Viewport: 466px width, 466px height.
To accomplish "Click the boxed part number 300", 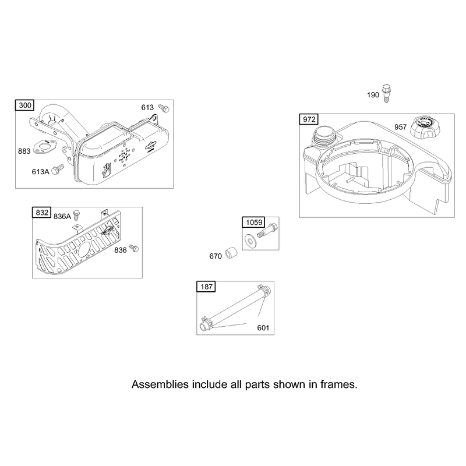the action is [x=25, y=105].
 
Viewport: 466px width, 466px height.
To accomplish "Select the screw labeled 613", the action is [x=164, y=108].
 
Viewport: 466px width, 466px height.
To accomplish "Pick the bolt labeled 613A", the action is [x=58, y=170].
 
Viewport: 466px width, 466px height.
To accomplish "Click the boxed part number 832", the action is [x=41, y=213].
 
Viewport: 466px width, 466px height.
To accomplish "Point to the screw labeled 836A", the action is [x=77, y=215].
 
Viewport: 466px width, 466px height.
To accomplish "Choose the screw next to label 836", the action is [x=135, y=248].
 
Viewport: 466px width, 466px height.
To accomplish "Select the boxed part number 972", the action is [x=309, y=119].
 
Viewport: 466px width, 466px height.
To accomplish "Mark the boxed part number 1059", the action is [x=254, y=223].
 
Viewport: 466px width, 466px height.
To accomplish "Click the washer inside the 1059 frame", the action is [x=250, y=239].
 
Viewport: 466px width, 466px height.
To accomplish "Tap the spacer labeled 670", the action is [x=231, y=253].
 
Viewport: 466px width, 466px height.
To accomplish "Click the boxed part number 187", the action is [x=206, y=287].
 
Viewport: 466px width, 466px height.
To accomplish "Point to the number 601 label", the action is [x=263, y=328].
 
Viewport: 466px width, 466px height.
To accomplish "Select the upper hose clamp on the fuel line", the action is [x=264, y=288].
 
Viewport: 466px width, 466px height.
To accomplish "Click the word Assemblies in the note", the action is [x=160, y=384].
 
